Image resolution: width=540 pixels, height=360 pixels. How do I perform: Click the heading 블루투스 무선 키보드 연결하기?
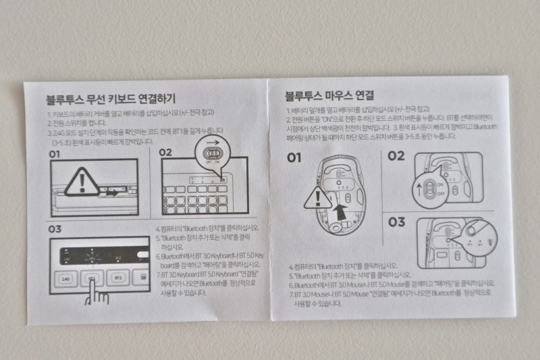click(110, 99)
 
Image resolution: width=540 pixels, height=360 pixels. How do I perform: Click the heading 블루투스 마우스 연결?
click(329, 95)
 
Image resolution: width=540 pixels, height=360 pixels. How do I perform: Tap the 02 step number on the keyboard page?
click(167, 152)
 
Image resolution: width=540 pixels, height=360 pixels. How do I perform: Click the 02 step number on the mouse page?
click(396, 156)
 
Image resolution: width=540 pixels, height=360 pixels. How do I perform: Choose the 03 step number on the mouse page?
click(397, 222)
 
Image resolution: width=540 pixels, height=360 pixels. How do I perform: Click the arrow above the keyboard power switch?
click(213, 144)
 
